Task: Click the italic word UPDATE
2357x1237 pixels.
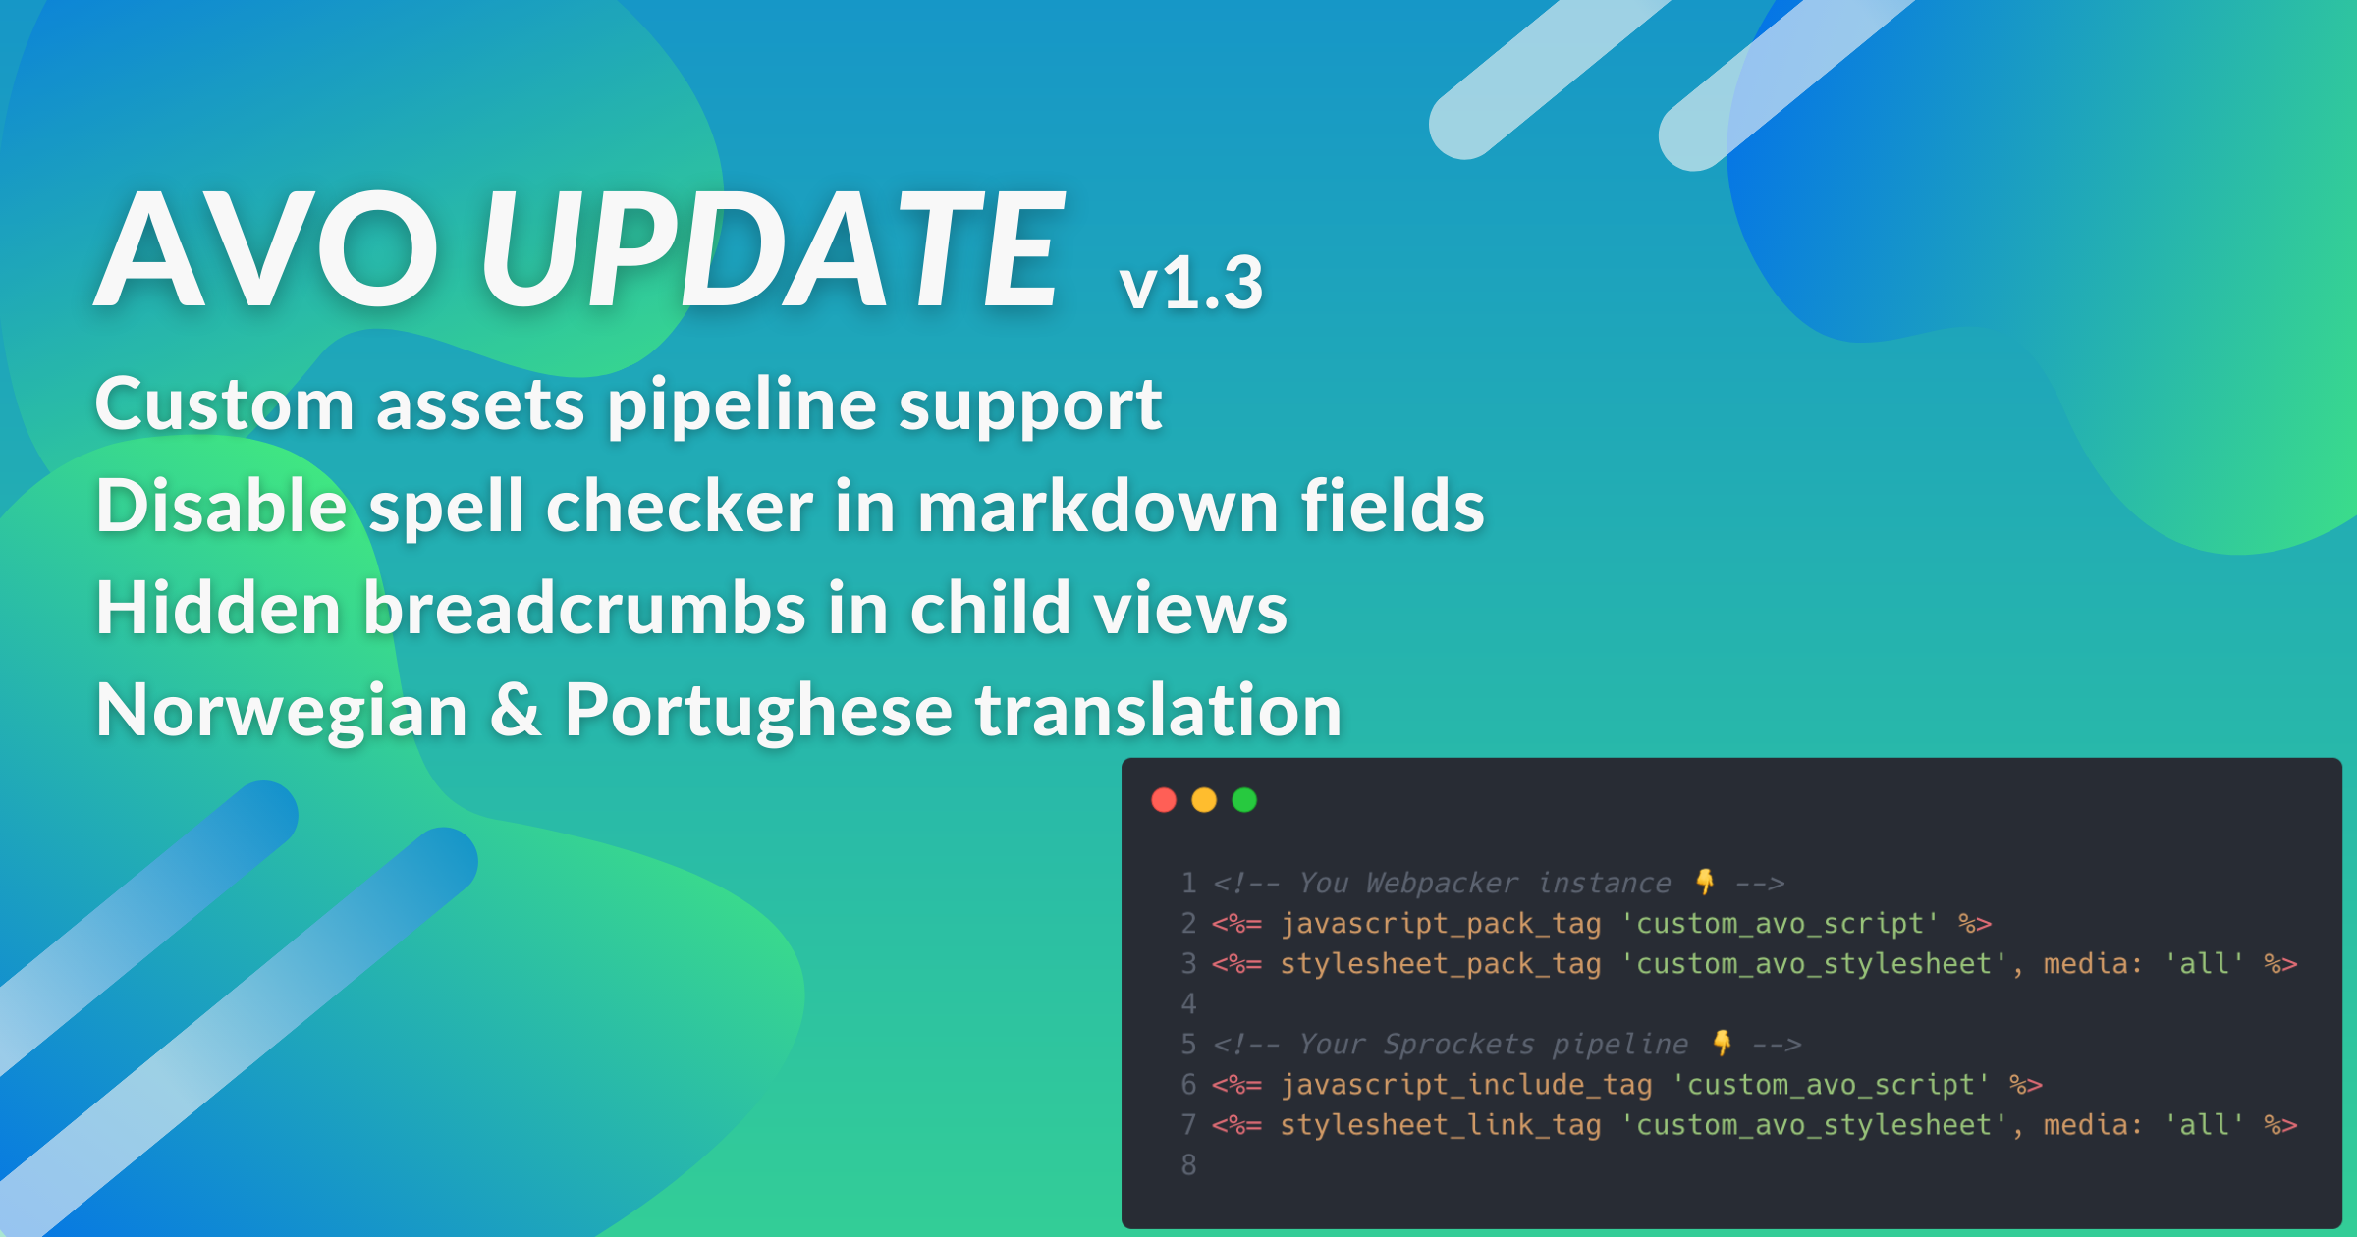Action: pyautogui.click(x=772, y=249)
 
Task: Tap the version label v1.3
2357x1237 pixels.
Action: pyautogui.click(x=1190, y=284)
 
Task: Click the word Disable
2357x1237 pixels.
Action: pyautogui.click(x=222, y=505)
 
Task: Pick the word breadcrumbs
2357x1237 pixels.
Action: pyautogui.click(x=585, y=607)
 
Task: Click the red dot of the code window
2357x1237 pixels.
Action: pyautogui.click(x=1164, y=800)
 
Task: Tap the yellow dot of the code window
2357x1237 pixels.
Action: pyautogui.click(x=1204, y=800)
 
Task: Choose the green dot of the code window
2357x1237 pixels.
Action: pyautogui.click(x=1244, y=800)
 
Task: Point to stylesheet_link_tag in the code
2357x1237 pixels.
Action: pyautogui.click(x=1441, y=1125)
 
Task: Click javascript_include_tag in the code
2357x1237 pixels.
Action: pyautogui.click(x=1466, y=1085)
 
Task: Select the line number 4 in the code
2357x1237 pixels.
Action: pyautogui.click(x=1188, y=1004)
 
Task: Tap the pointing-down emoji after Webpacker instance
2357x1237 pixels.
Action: pyautogui.click(x=1706, y=882)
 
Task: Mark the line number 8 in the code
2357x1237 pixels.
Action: pyautogui.click(x=1188, y=1165)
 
